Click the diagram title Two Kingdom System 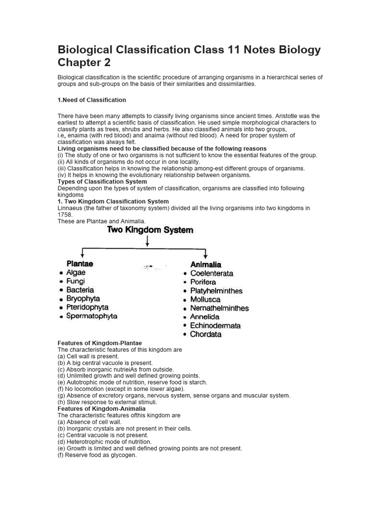(x=150, y=230)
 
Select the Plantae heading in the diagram (x=80, y=264)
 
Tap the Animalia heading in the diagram (x=206, y=264)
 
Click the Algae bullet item (x=76, y=272)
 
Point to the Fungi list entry (x=75, y=281)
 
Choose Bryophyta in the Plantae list (x=83, y=299)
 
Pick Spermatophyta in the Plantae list (x=92, y=316)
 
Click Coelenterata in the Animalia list (x=211, y=273)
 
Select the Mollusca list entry (x=205, y=300)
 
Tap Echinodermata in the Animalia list (x=215, y=325)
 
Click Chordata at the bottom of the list (x=206, y=334)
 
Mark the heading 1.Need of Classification (x=92, y=100)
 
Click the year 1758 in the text (x=65, y=215)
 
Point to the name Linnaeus (x=70, y=208)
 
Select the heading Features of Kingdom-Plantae (x=100, y=343)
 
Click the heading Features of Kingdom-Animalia (x=101, y=409)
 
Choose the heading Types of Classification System (x=102, y=182)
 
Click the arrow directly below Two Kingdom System (x=147, y=241)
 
